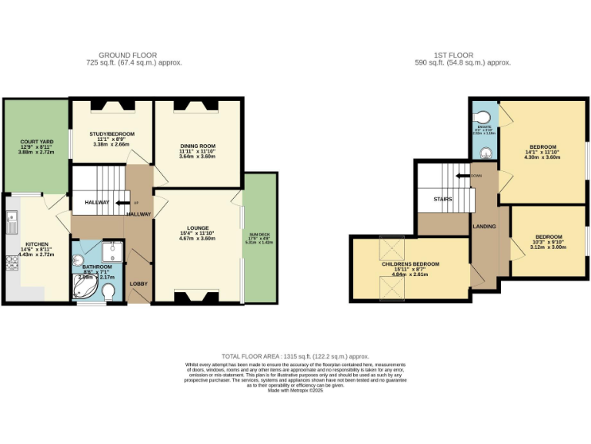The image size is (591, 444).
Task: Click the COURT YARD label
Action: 36,141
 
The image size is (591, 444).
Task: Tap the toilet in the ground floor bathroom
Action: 109,291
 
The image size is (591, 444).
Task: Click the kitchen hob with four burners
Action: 12,264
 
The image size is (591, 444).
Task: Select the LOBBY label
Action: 139,284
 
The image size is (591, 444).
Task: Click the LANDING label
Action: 485,227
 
